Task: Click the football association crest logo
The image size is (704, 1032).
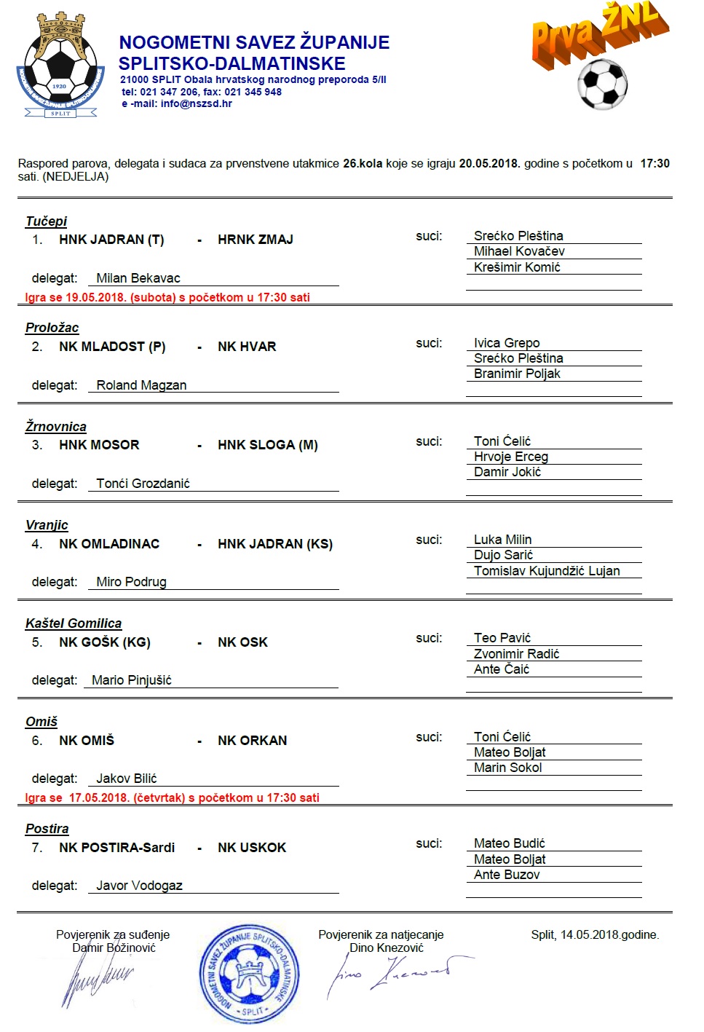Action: coord(60,66)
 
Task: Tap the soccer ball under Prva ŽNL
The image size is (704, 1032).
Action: coord(602,84)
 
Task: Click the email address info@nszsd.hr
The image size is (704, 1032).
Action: coord(196,103)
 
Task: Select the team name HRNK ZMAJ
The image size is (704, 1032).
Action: coord(255,240)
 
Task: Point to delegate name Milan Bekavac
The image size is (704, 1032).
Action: coord(138,278)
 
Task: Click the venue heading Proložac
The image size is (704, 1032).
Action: coord(52,328)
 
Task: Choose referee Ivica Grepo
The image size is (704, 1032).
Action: coord(507,343)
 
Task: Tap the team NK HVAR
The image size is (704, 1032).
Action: coord(247,347)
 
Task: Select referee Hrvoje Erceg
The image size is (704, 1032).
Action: coord(510,457)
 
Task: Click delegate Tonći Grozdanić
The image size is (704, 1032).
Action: coord(143,484)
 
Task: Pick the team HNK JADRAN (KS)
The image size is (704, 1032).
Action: coord(274,544)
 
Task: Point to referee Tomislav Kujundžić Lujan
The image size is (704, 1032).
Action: coord(547,571)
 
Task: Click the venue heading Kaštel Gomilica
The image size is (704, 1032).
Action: coord(74,623)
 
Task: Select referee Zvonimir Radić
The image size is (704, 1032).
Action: coord(516,654)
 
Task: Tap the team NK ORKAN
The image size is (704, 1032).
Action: coord(252,741)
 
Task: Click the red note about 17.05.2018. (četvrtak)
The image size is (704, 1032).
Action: coord(172,797)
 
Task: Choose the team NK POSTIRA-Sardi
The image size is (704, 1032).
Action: coord(116,848)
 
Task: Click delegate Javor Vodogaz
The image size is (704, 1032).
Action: coord(139,886)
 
